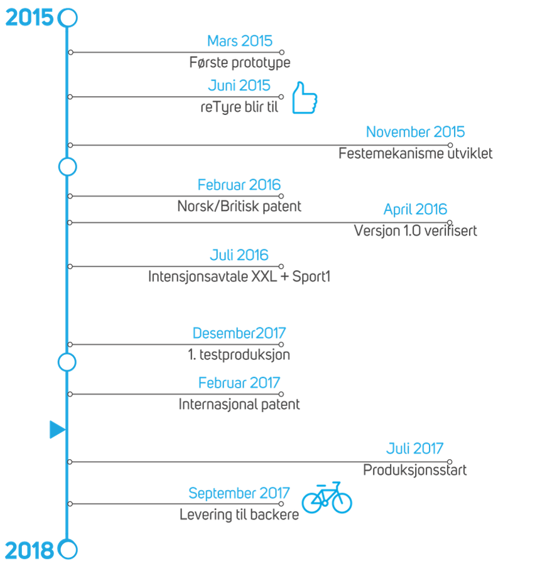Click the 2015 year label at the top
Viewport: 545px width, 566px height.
[x=29, y=18]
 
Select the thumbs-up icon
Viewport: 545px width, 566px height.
[x=305, y=98]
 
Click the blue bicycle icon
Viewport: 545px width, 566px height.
[x=326, y=498]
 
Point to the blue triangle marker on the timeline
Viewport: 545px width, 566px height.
[x=57, y=430]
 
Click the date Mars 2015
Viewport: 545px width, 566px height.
[x=240, y=41]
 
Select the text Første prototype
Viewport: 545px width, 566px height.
[x=240, y=63]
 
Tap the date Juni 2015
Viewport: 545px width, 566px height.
[x=239, y=86]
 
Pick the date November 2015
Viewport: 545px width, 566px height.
[x=415, y=132]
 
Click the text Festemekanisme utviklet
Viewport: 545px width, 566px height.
[x=415, y=153]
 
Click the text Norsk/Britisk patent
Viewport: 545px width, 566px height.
[x=239, y=206]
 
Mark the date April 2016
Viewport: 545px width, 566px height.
[x=415, y=209]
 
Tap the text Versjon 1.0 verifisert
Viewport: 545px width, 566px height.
[x=415, y=231]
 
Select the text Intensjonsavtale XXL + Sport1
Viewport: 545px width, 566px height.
[x=239, y=276]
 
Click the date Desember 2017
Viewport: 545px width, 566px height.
[x=239, y=333]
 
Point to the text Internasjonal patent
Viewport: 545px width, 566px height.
[x=239, y=405]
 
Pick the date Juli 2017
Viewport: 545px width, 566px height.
[x=415, y=449]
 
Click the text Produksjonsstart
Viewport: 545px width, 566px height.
[x=415, y=470]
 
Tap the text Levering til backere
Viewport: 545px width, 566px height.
[x=239, y=514]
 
